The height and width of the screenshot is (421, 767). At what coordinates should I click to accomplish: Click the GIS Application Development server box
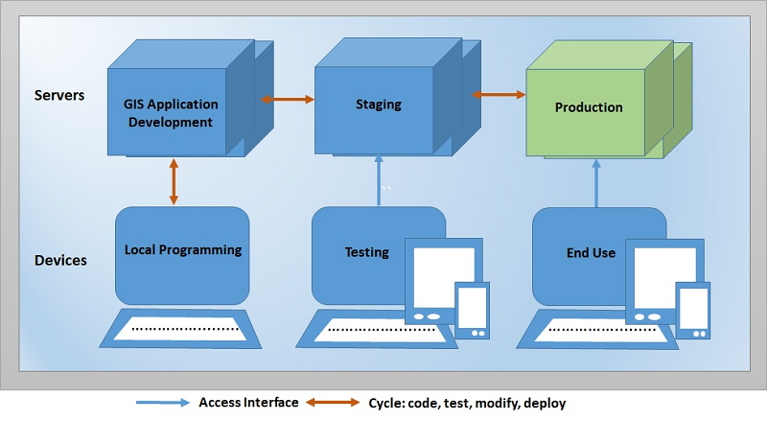pos(170,113)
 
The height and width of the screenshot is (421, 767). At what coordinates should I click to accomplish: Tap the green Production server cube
pos(588,108)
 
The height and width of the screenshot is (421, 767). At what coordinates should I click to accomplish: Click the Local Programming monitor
pos(182,251)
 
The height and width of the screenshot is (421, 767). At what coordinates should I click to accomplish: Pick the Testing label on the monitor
pos(366,252)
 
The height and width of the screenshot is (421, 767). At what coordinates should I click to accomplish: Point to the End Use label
pos(591,253)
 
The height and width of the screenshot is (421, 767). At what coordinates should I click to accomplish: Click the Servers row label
pos(59,95)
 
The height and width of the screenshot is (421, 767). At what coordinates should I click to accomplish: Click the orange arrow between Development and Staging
pos(290,98)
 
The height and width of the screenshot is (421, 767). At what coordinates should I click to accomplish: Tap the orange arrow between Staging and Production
pos(500,94)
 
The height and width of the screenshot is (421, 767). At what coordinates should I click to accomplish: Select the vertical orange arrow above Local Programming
pos(174,181)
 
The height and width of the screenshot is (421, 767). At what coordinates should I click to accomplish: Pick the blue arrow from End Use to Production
pos(595,182)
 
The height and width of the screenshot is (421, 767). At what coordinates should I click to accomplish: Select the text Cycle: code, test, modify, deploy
pos(474,403)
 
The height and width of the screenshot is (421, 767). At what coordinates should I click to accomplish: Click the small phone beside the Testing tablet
pos(472,310)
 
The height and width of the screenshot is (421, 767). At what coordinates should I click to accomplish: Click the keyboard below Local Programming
pos(182,329)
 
